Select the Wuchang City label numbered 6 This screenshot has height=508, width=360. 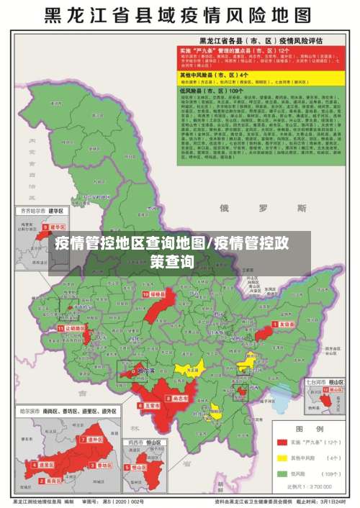pyautogui.click(x=150, y=406)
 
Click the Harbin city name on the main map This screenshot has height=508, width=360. pyautogui.click(x=146, y=371)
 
